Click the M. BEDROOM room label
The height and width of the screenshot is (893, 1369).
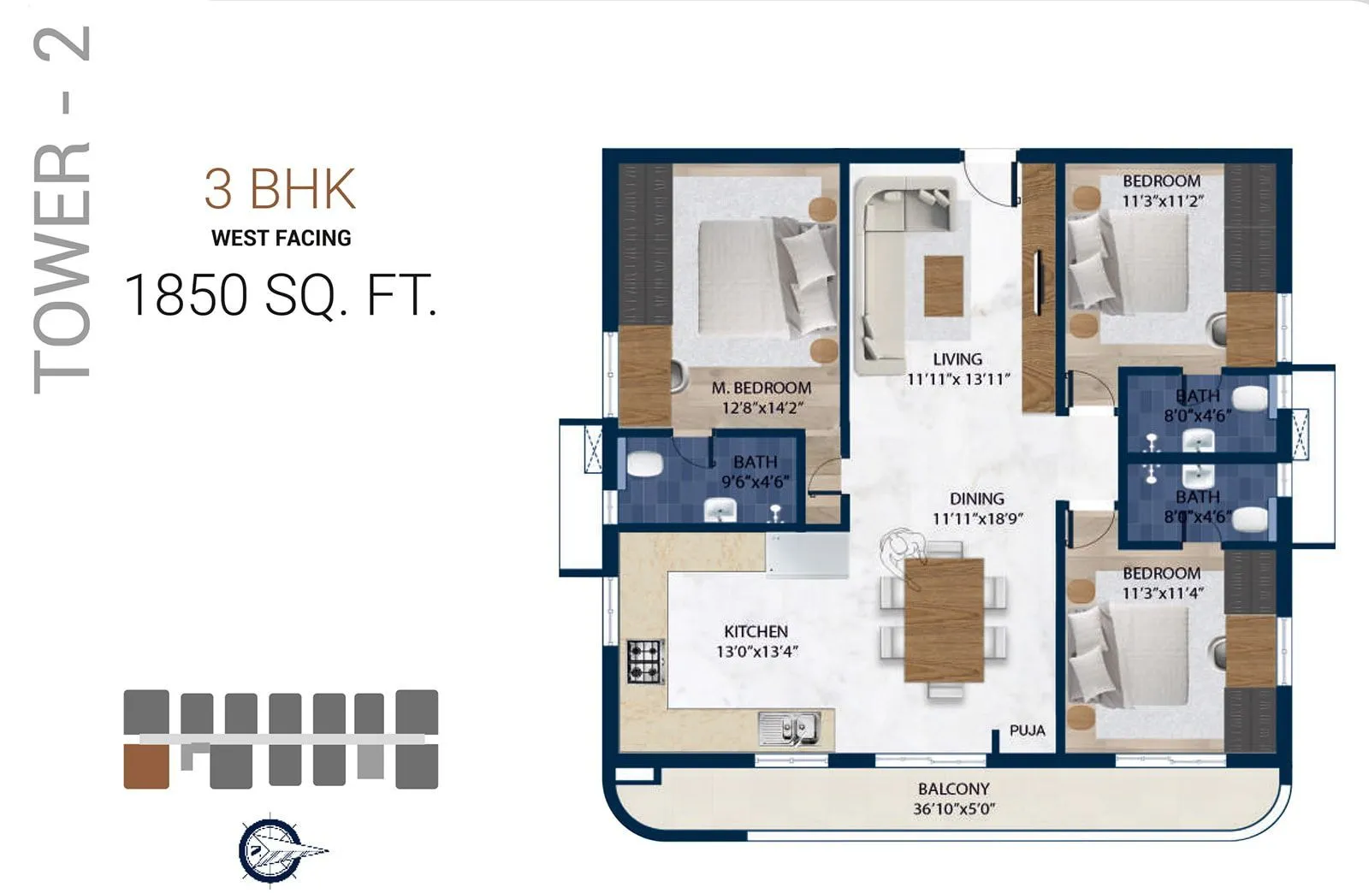coord(761,388)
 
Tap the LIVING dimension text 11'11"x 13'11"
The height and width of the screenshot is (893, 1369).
coord(958,378)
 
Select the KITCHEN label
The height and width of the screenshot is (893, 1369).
coord(756,631)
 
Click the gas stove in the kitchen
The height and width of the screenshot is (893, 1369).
coord(645,661)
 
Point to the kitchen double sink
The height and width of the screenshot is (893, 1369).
coord(789,728)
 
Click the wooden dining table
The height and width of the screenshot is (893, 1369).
coord(944,619)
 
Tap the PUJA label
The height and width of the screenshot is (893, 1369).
coord(1027,730)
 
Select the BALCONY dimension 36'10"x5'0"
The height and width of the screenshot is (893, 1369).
coord(953,808)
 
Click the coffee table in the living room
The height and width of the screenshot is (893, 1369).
coord(944,285)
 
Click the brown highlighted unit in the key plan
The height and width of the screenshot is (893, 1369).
coord(146,766)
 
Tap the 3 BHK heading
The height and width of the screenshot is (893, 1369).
coord(280,189)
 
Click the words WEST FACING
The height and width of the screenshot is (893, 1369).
coord(281,238)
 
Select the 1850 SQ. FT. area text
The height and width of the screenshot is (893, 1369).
coord(281,296)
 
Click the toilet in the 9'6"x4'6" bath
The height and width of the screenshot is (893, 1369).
coord(644,465)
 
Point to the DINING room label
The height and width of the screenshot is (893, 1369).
coord(976,499)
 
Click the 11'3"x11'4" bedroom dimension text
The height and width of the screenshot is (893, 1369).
coord(1162,593)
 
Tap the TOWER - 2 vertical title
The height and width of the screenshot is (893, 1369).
coord(62,210)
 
